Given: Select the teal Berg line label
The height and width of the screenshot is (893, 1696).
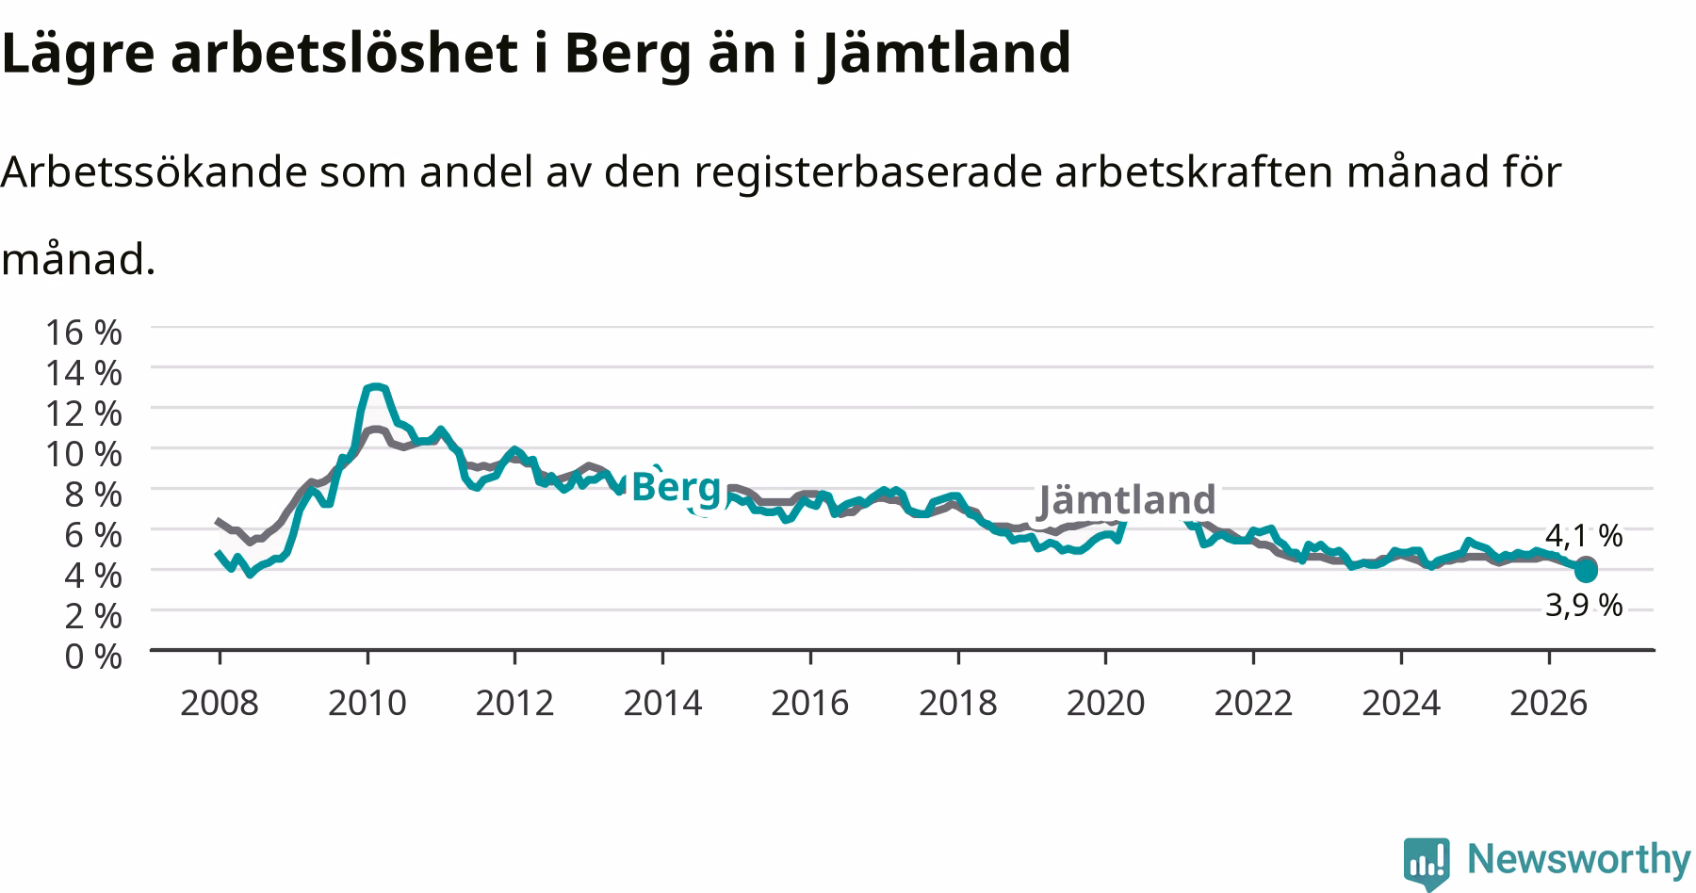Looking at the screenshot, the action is coord(676,488).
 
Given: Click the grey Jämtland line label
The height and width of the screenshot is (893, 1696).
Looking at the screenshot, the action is coord(1127,499).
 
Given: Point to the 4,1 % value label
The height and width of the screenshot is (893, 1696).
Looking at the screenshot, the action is coord(1584,536).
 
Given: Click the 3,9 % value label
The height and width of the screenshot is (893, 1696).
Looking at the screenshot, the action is coord(1584,605).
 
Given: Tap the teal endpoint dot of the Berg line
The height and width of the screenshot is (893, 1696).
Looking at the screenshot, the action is coord(1586,572).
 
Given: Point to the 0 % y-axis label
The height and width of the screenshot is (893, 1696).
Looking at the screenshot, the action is coord(93,656).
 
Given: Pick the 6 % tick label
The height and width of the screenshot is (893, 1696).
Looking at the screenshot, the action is coord(93,534).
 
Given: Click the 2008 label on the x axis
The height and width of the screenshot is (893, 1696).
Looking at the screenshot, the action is coord(219,703).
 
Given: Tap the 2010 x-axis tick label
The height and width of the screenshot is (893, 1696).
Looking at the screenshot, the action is coord(367,703).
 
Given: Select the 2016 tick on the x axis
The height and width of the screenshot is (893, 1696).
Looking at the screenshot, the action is coord(810,703).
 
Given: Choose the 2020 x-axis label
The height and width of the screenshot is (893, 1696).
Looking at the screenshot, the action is coord(1105,703).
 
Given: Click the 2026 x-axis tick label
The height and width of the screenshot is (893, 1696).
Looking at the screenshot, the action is coord(1549,703).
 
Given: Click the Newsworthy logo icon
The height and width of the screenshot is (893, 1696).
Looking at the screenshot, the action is coord(1427,862).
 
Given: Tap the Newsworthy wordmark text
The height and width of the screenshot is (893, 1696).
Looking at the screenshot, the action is coord(1579,860).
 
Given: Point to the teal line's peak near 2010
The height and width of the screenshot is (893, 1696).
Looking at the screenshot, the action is coord(375,386).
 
